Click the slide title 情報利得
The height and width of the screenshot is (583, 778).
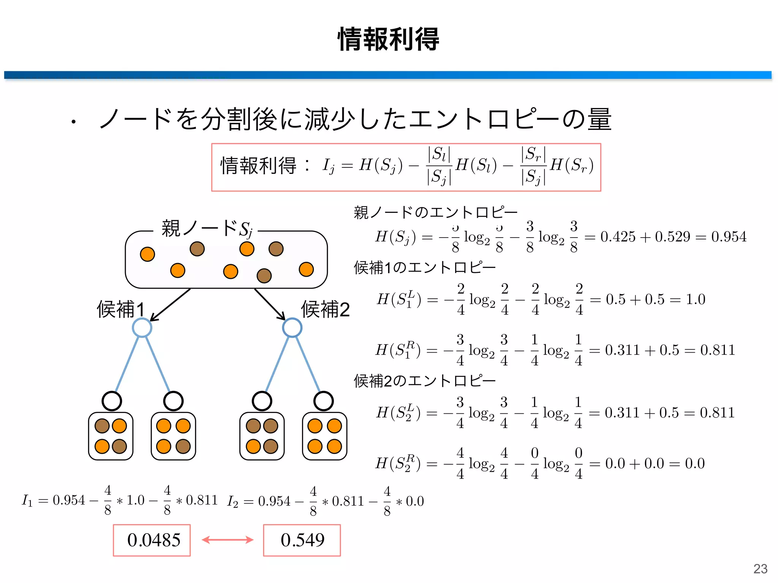[x=388, y=39]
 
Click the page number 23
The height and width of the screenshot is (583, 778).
[x=760, y=569]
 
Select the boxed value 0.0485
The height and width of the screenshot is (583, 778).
[x=153, y=540]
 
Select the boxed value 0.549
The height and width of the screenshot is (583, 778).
[x=302, y=540]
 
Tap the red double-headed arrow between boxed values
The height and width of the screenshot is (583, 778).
[x=227, y=540]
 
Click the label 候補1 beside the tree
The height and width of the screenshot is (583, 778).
[x=120, y=309]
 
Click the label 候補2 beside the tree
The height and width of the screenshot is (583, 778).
[x=325, y=309]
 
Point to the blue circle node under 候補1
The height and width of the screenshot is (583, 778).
[x=142, y=328]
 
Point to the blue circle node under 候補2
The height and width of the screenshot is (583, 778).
[x=292, y=328]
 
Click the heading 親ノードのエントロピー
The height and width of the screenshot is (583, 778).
[x=435, y=212]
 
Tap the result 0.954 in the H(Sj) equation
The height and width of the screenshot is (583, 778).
[x=729, y=237]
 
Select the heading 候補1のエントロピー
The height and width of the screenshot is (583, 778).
[x=425, y=268]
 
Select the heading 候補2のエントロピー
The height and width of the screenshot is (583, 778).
[x=425, y=381]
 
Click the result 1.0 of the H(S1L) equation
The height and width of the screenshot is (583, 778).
[x=695, y=299]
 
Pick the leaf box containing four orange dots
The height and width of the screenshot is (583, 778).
[x=324, y=436]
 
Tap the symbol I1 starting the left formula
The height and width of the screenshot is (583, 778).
[x=27, y=501]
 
